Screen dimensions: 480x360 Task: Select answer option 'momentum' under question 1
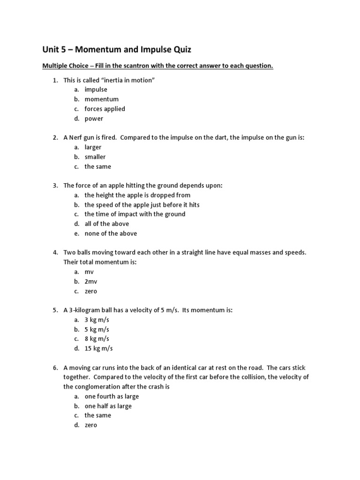(x=101, y=99)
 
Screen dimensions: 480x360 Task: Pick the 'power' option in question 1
(x=94, y=119)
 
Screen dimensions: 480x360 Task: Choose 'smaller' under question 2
(x=95, y=157)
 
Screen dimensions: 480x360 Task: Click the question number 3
(x=55, y=186)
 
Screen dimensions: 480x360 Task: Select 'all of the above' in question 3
(x=106, y=224)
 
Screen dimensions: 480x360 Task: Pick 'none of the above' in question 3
(x=111, y=233)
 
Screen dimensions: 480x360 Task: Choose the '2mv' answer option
(x=91, y=282)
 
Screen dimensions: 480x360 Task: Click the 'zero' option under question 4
(x=91, y=291)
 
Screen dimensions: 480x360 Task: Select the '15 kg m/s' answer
(x=98, y=348)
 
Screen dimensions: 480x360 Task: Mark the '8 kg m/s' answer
(x=97, y=338)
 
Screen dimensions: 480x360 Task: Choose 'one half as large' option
(x=108, y=406)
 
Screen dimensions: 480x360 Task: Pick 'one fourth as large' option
(x=112, y=397)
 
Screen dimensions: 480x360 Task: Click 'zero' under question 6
(x=91, y=425)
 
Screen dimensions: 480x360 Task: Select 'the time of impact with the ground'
(x=135, y=214)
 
